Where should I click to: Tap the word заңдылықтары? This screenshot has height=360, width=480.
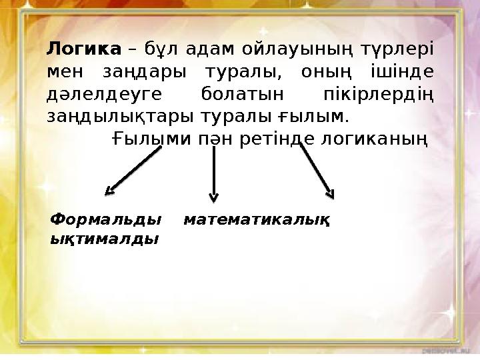click(x=121, y=117)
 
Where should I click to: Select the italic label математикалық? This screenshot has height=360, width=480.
click(x=258, y=219)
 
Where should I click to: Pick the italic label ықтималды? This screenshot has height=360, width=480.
click(x=105, y=239)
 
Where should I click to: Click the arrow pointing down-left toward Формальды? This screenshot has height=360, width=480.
click(x=135, y=171)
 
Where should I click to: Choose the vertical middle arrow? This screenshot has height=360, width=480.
click(x=213, y=173)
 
